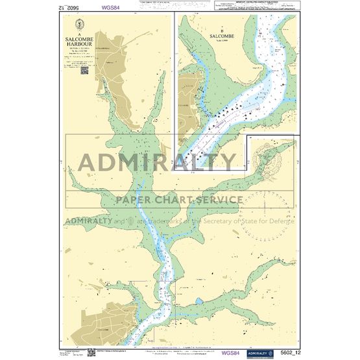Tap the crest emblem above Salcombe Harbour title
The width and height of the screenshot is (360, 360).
pyautogui.click(x=79, y=27)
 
